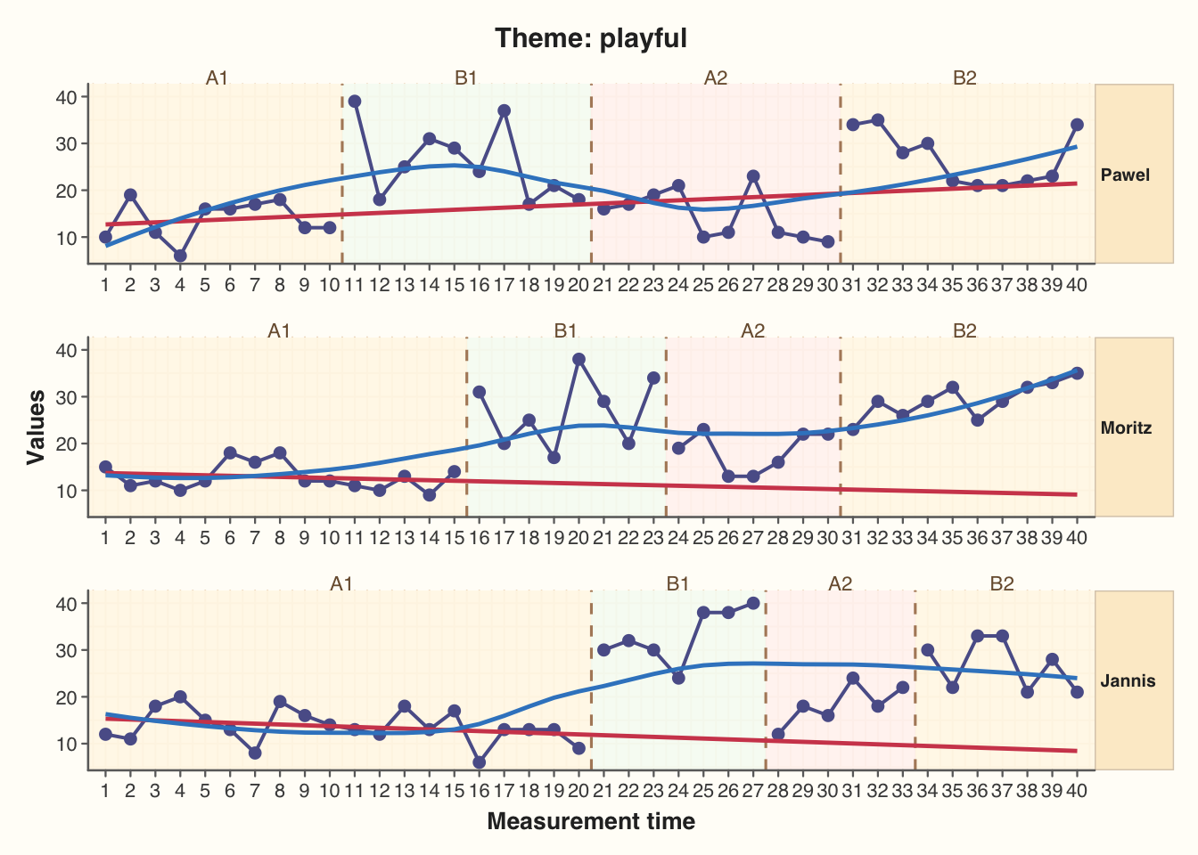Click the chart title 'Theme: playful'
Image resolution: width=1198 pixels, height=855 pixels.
click(x=591, y=38)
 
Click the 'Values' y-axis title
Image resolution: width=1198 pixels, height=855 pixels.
click(x=36, y=427)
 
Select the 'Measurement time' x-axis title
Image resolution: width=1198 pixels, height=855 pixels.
click(x=591, y=821)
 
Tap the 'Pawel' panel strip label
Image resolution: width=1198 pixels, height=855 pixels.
click(x=1125, y=175)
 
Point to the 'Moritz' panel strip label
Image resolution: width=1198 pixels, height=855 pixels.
click(x=1126, y=427)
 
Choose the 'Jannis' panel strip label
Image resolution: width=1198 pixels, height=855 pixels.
click(x=1127, y=680)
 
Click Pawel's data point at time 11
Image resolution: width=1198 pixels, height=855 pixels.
click(x=355, y=102)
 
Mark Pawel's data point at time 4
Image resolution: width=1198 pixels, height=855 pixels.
click(x=180, y=256)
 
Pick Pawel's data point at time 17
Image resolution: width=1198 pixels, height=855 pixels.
click(x=505, y=110)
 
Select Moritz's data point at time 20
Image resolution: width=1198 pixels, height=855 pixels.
click(x=579, y=359)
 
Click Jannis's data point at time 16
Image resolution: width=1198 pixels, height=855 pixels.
click(x=480, y=762)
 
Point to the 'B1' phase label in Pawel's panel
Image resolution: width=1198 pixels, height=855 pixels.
click(x=466, y=77)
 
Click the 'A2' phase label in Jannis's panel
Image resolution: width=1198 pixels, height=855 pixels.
click(x=841, y=583)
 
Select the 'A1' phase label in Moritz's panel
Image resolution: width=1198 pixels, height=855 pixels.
click(x=279, y=330)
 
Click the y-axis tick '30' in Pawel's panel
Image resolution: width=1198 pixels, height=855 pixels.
click(x=67, y=143)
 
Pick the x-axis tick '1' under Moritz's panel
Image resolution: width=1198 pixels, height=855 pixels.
click(x=105, y=537)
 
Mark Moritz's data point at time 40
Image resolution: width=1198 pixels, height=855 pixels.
click(x=1077, y=373)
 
